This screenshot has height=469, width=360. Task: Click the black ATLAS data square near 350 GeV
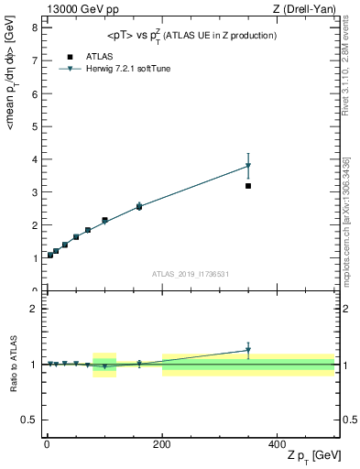click(x=248, y=186)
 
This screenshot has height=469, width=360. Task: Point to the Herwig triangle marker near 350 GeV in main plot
click(x=248, y=166)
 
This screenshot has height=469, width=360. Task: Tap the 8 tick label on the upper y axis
click(x=34, y=27)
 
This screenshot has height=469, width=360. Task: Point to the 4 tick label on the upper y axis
click(x=34, y=159)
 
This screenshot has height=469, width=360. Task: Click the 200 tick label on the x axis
click(x=161, y=443)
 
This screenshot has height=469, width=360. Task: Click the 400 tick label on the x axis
click(x=277, y=443)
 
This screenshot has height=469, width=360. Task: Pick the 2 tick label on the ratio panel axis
click(x=34, y=309)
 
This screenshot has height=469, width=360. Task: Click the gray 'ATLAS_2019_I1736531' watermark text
click(x=190, y=274)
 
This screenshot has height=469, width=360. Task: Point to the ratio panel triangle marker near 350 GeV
click(x=248, y=350)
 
